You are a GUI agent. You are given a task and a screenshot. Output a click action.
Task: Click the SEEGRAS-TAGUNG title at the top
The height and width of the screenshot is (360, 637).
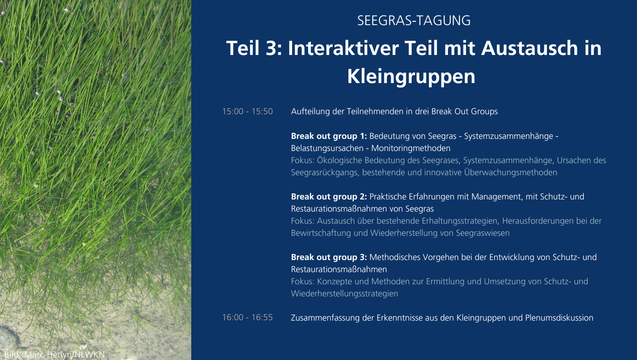[x=414, y=20]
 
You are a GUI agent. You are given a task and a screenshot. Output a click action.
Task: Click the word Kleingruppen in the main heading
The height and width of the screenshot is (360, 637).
[x=411, y=76]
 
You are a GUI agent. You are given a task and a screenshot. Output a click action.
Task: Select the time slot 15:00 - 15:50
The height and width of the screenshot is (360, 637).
[x=248, y=111]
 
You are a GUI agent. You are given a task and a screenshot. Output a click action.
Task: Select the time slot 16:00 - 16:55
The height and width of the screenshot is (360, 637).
[x=248, y=317]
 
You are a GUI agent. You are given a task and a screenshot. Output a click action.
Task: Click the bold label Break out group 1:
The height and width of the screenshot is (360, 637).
[x=329, y=136]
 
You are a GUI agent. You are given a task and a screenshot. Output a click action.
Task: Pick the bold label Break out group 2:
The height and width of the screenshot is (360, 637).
[x=329, y=197]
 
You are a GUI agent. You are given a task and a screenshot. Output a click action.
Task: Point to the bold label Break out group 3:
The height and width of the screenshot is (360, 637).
[x=329, y=257]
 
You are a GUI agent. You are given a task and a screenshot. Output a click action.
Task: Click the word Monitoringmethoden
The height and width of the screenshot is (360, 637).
[x=411, y=148]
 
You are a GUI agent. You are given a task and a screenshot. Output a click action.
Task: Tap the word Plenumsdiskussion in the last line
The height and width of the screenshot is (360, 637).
[x=559, y=318]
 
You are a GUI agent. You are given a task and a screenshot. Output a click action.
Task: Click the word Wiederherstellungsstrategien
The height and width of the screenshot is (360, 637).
[x=344, y=294]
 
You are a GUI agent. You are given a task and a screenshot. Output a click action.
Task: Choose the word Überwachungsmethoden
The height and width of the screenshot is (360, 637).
[x=511, y=173]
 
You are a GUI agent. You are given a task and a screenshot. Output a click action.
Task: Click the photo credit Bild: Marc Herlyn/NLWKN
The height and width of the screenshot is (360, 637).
[x=55, y=355]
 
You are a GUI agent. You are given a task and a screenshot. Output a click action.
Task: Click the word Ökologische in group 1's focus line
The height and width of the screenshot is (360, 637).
[x=340, y=160]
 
